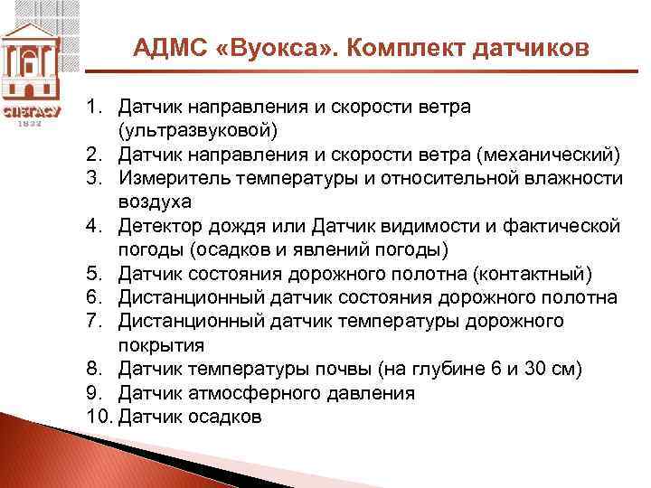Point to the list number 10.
pos(99,417)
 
